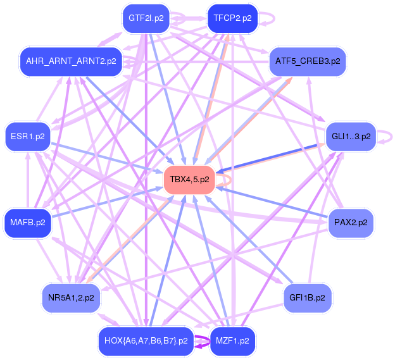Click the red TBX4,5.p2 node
pos(189,180)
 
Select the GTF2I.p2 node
pos(146,18)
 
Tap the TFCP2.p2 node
pos(232,18)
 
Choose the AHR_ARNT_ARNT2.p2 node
pos(71,61)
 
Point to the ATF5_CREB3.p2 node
pos(308,61)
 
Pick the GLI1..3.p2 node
pos(351,136)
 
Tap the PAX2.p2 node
pos(351,222)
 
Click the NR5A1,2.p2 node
pos(71,297)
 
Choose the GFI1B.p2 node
pos(308,297)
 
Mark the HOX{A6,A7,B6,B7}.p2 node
pos(146,340)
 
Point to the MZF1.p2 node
pos(232,340)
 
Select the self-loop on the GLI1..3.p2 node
pos(392,135)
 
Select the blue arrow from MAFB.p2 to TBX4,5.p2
pos(108,201)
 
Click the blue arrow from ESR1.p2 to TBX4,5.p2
pos(108,158)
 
